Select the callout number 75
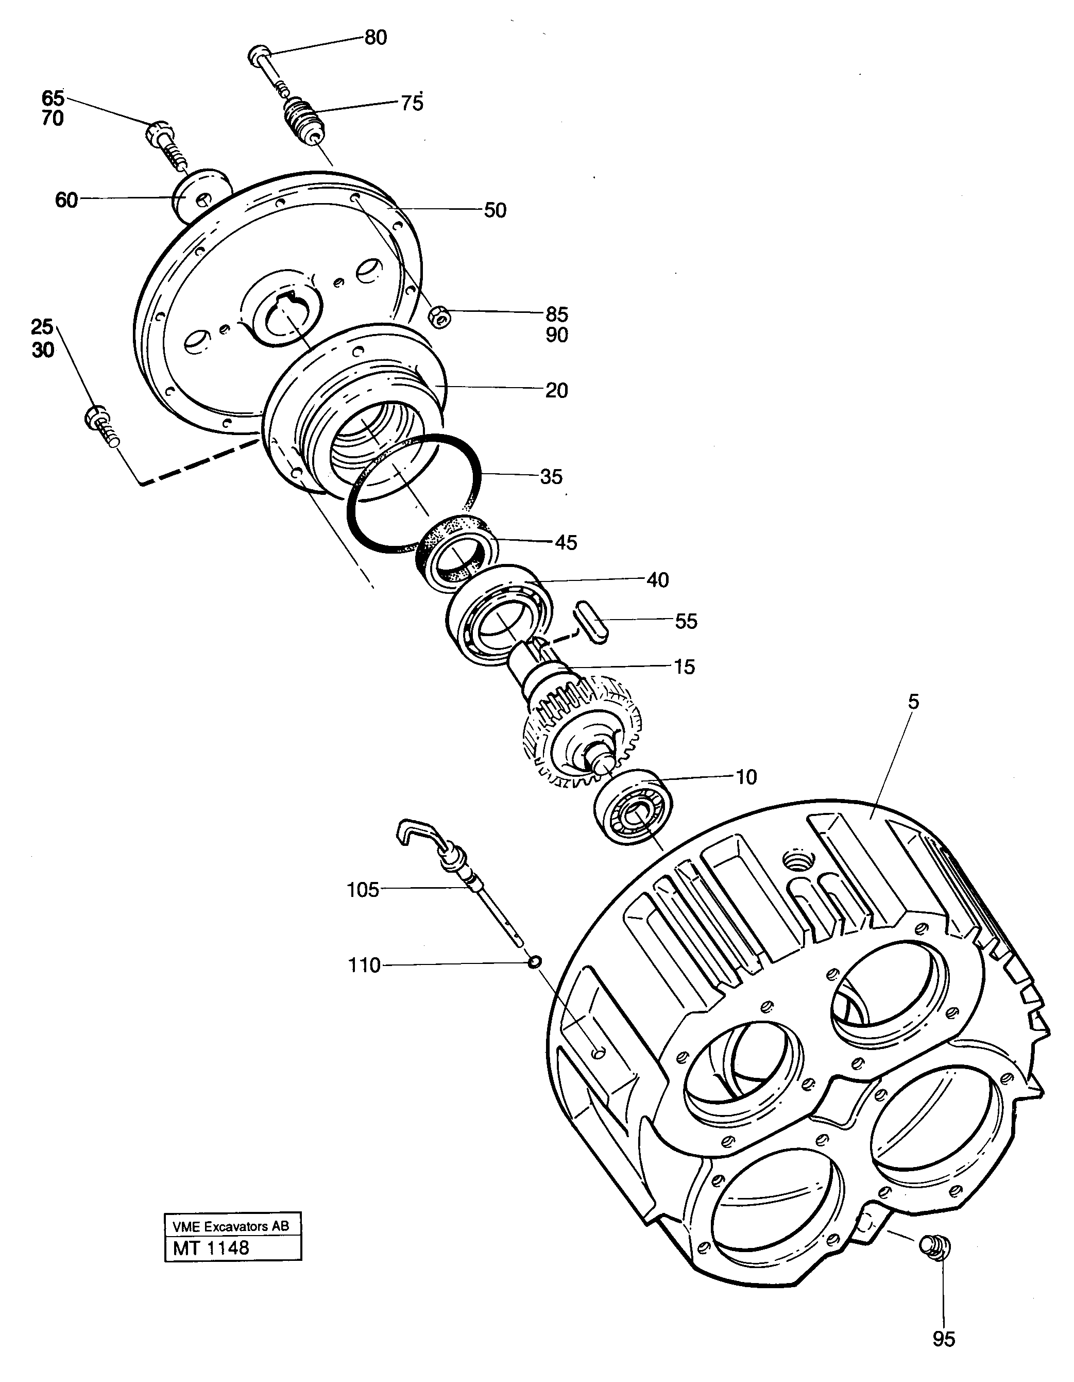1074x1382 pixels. click(x=412, y=103)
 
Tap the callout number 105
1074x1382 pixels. click(x=363, y=890)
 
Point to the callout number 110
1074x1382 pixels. click(x=364, y=965)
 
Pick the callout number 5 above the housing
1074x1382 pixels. click(x=913, y=702)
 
